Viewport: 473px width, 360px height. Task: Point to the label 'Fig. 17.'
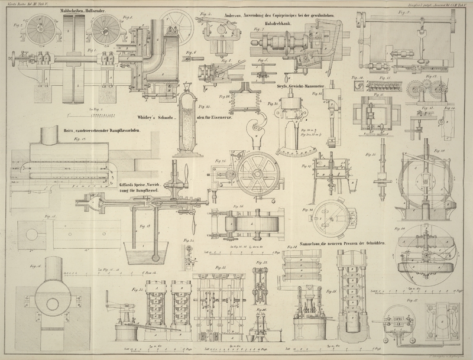pos(76,140)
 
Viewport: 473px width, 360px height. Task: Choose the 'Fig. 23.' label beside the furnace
pos(205,106)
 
